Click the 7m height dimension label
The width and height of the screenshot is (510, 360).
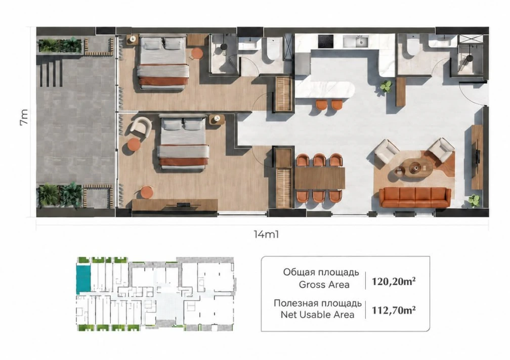24,117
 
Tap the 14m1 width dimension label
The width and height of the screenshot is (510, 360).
266,234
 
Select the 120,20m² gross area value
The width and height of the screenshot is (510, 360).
394,281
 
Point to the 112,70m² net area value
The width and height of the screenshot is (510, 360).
394,310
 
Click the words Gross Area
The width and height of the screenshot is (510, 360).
324,285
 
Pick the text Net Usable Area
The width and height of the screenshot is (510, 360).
317,314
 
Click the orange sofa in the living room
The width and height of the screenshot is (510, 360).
415,197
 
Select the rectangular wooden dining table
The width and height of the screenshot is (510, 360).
320,178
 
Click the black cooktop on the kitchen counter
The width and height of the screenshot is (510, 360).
326,41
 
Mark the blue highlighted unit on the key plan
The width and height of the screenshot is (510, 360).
83,278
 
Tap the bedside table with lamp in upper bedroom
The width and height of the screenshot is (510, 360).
133,39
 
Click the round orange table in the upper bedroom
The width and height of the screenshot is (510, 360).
196,54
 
